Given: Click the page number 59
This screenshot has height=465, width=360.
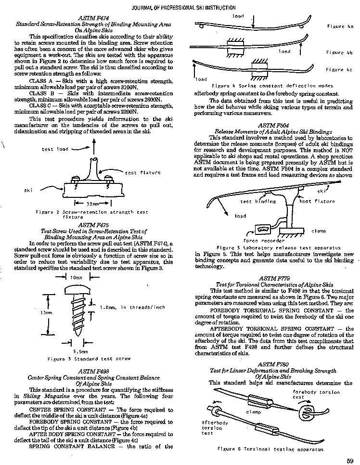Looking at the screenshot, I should (349, 460).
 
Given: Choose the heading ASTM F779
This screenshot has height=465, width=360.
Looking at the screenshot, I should (273, 279).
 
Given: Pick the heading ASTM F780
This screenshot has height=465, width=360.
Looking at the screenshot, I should (273, 364).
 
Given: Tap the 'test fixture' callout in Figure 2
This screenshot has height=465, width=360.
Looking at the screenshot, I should (143, 172).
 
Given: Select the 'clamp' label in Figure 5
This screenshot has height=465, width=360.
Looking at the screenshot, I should (319, 231).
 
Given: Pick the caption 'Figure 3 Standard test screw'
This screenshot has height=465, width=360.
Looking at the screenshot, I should (89, 359).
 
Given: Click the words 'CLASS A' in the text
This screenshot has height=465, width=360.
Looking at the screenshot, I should (44, 81).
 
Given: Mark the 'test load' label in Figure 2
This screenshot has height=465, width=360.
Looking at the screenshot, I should (55, 149).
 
